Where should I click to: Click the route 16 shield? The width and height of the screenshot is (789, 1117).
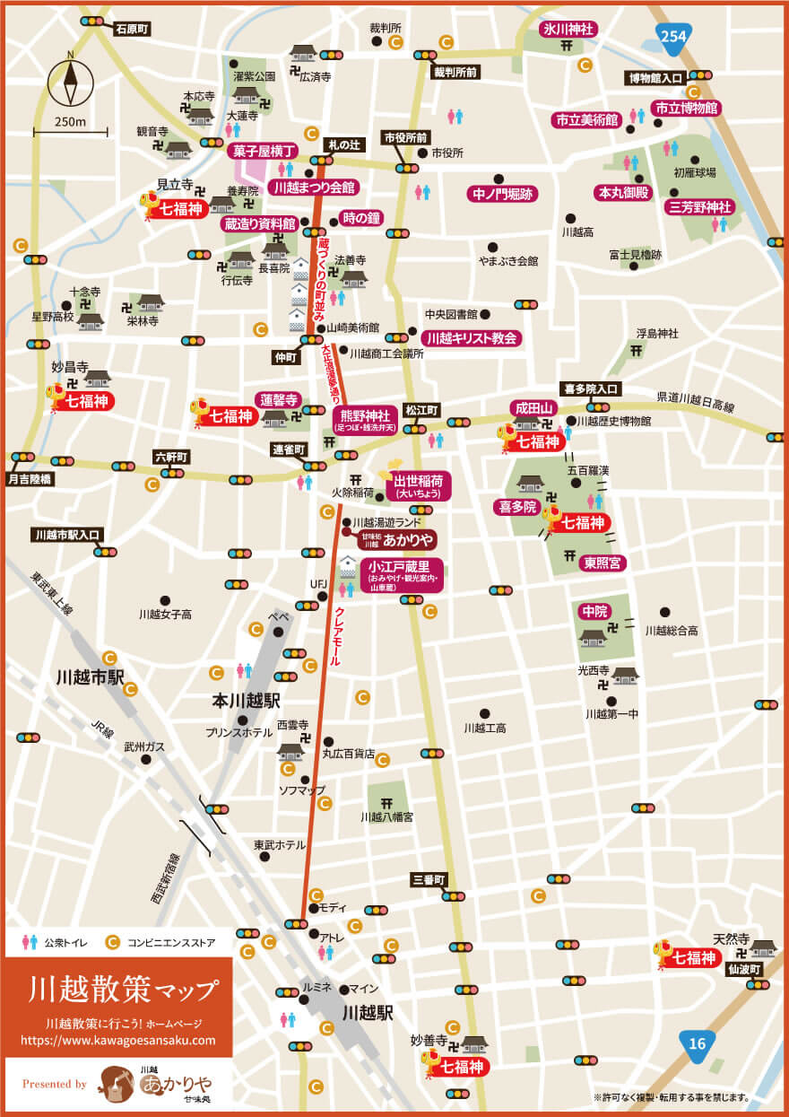click(696, 1043)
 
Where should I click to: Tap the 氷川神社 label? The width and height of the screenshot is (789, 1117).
click(568, 29)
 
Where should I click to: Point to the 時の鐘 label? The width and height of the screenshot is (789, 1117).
click(360, 219)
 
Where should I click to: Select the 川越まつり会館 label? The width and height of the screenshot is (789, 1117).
click(313, 188)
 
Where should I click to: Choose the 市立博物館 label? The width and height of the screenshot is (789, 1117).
click(686, 108)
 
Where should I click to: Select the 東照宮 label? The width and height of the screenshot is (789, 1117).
click(604, 563)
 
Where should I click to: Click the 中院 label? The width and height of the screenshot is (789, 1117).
click(594, 611)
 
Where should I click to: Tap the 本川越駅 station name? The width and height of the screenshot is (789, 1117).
click(247, 700)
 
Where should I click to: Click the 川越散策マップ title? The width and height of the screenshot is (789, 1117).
click(123, 990)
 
